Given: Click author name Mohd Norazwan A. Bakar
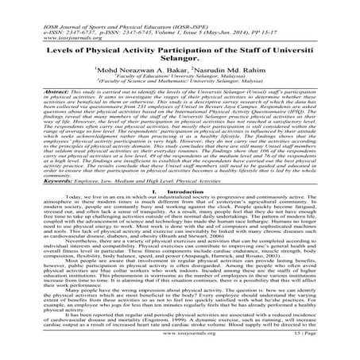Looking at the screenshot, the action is (x=130, y=72).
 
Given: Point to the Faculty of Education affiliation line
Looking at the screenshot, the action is (x=180, y=80).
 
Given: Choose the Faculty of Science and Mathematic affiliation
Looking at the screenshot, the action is (x=180, y=87).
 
